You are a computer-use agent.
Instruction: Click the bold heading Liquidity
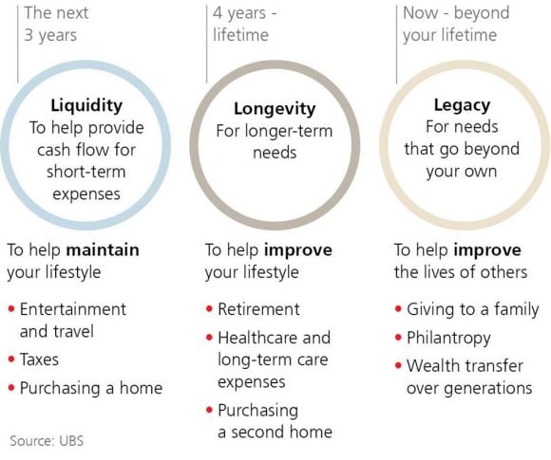point(85,105)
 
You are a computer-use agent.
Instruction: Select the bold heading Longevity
point(274,109)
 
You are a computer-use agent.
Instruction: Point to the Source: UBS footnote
point(47,441)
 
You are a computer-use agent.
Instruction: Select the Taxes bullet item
point(39,359)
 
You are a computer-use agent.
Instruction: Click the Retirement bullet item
point(258,309)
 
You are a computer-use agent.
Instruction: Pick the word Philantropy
point(448,338)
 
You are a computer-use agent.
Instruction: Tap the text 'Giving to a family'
point(472,309)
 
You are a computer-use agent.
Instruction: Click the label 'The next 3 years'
point(51,25)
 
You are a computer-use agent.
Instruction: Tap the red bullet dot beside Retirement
point(208,310)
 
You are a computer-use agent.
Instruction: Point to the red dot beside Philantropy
point(397,339)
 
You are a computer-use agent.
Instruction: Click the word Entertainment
point(72,309)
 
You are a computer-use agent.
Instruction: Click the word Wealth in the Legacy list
point(432,365)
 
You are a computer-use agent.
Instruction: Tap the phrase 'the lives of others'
point(460,272)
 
